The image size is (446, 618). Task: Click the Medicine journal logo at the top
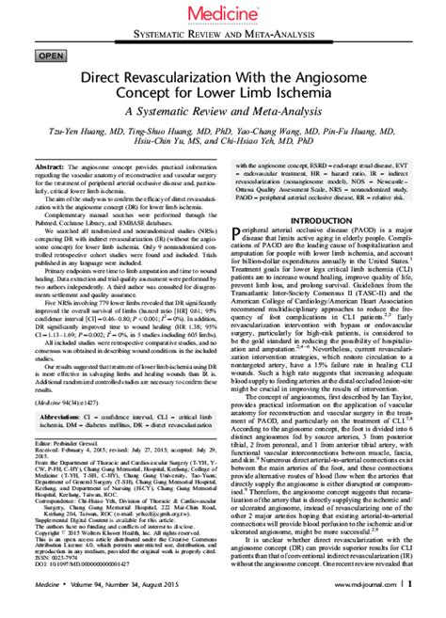tap(222, 14)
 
